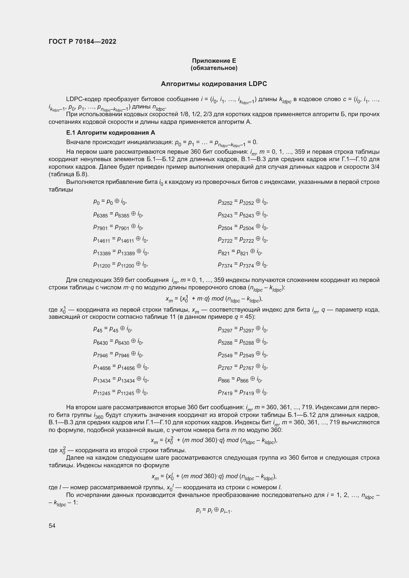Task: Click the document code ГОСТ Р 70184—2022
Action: coord(82,42)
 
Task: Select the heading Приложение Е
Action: coord(214,61)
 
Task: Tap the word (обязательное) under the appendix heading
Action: coord(214,68)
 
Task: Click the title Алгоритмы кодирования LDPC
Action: coord(214,84)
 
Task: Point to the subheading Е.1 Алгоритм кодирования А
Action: coord(111,133)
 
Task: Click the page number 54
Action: coord(52,526)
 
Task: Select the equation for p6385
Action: coord(118,214)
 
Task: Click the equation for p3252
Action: coord(243,202)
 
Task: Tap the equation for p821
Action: coord(240,252)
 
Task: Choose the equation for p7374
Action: coord(243,264)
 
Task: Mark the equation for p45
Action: coord(113,329)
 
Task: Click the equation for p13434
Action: coord(121,379)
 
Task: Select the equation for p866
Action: coord(240,379)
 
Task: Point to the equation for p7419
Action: coord(243,392)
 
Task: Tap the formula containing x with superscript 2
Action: coord(214,440)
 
